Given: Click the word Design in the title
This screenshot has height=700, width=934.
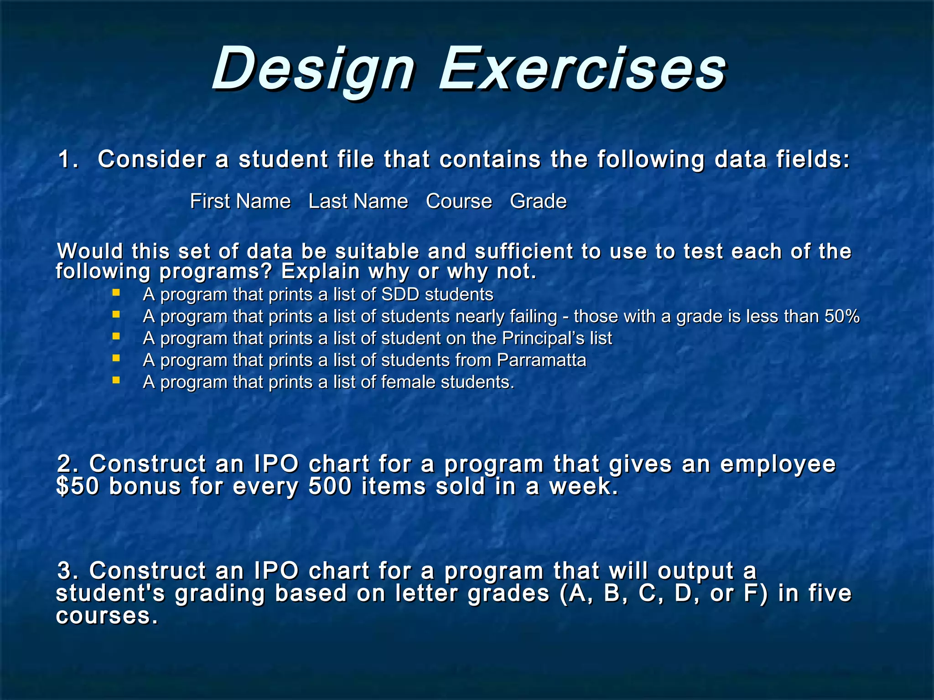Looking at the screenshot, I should click(314, 69).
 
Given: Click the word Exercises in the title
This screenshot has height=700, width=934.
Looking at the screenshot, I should click(582, 69).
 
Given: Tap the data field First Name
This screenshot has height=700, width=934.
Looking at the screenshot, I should click(240, 201).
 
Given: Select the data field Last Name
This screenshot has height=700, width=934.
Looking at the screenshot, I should click(358, 201).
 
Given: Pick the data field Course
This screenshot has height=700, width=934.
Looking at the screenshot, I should click(459, 201).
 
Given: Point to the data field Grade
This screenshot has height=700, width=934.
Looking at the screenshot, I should click(538, 201).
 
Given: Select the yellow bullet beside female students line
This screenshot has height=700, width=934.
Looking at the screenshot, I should click(116, 380).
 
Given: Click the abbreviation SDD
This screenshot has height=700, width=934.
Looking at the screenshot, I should click(400, 295).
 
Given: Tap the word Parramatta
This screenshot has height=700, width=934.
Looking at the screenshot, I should click(541, 360).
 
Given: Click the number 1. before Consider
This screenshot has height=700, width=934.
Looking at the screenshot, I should click(68, 160).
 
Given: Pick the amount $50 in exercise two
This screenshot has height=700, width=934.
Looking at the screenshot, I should click(77, 486).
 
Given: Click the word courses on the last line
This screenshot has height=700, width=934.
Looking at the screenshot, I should click(106, 616).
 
